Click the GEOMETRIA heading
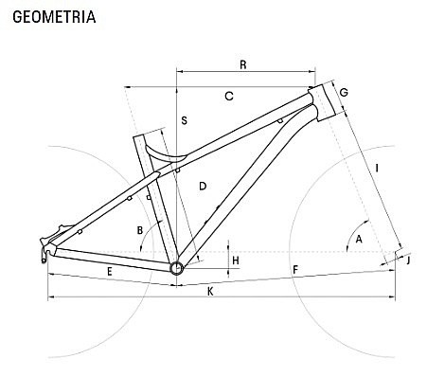click(x=54, y=17)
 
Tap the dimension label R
click(x=243, y=64)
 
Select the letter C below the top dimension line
click(x=229, y=96)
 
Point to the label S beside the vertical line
click(x=184, y=120)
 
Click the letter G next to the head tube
click(x=344, y=93)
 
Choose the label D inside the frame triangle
click(x=203, y=186)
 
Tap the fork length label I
click(x=377, y=168)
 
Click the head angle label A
click(x=359, y=239)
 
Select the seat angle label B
click(x=140, y=230)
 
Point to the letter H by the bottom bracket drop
click(x=236, y=260)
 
